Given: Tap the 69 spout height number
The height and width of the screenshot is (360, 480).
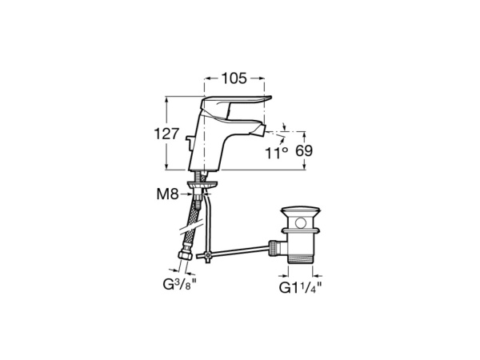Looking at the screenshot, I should pos(305,150).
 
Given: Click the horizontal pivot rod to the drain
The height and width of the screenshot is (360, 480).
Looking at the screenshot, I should pos(240,252).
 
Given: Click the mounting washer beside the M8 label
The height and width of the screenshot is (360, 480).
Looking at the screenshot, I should pos(201,186).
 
